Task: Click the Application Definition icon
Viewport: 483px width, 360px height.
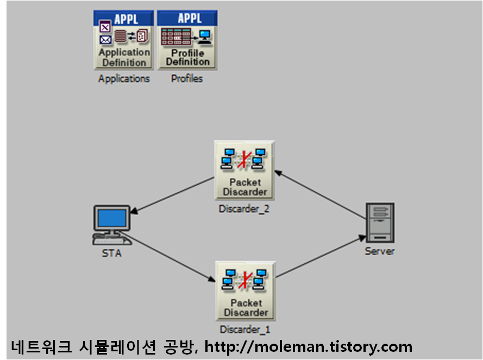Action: [x=124, y=40]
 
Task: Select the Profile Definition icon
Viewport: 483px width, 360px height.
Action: [x=187, y=40]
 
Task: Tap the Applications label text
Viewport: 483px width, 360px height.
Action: [x=124, y=79]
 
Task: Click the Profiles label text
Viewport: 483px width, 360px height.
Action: [x=187, y=79]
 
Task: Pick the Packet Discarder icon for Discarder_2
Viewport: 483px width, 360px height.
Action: [x=244, y=170]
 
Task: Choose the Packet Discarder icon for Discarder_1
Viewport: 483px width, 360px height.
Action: [x=246, y=290]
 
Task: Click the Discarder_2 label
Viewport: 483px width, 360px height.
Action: [x=244, y=209]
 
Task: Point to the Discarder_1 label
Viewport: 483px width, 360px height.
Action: [x=245, y=330]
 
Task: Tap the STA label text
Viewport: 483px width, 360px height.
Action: [x=112, y=254]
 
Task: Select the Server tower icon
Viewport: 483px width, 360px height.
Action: [x=380, y=223]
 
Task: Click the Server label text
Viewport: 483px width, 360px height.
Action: [x=380, y=251]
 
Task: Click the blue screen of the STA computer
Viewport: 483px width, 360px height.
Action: [x=112, y=219]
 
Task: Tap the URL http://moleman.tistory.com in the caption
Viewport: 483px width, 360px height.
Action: [x=308, y=346]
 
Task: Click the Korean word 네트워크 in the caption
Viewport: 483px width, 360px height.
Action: [x=41, y=346]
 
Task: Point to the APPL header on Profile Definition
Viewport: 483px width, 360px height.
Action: [x=187, y=18]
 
